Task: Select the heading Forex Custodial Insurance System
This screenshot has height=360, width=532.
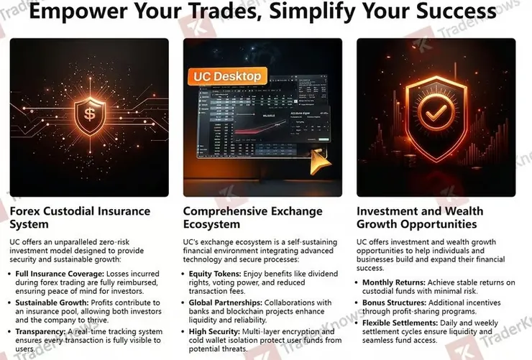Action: pyautogui.click(x=80, y=218)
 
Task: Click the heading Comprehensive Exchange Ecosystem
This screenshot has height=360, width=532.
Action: pyautogui.click(x=254, y=218)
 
